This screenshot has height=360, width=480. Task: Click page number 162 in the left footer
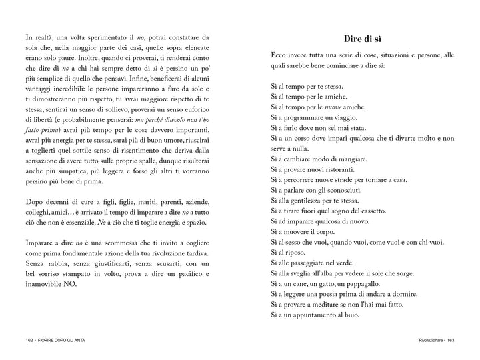click(x=28, y=342)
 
